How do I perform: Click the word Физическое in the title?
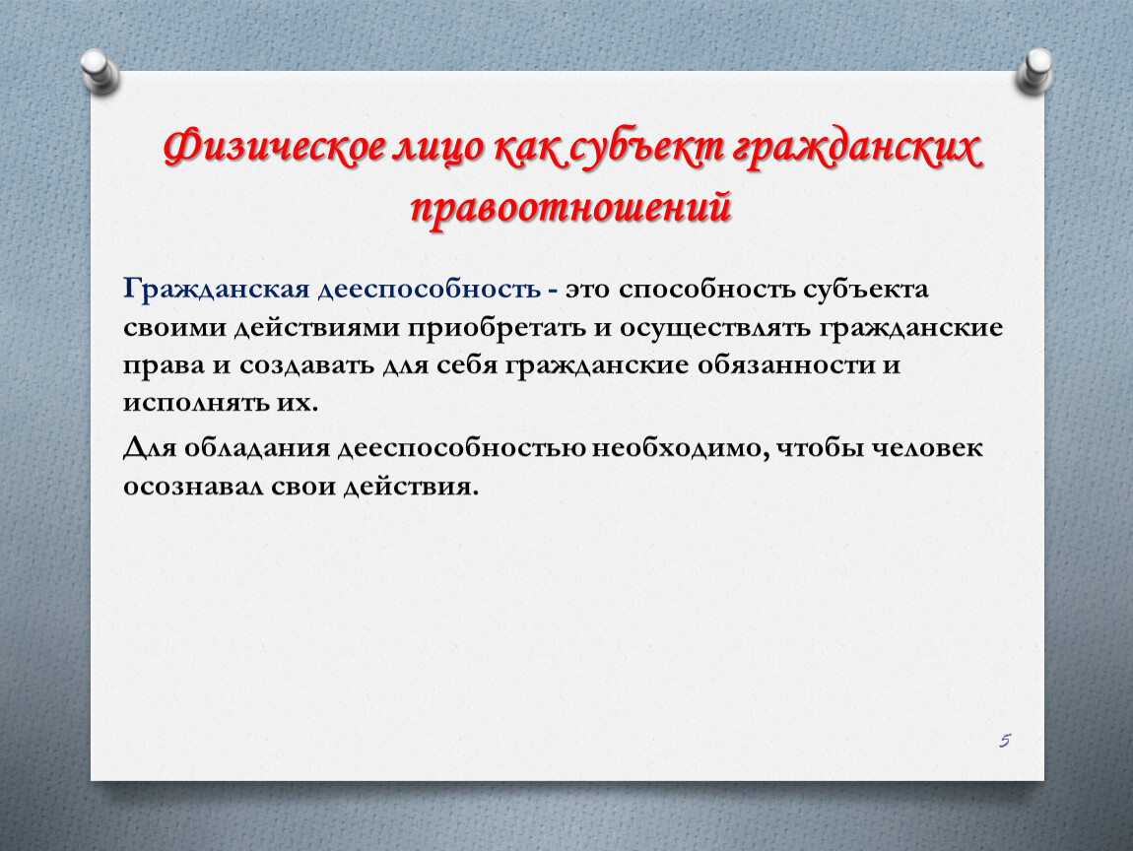coord(275,148)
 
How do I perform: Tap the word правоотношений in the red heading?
coord(570,208)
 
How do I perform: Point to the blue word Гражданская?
coord(216,289)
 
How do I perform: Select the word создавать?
coord(306,365)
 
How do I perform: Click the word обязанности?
coord(786,364)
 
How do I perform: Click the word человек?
coord(926,448)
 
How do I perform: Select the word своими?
coord(174,328)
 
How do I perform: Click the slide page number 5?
coord(1004,740)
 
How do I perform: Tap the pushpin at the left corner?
coord(99,71)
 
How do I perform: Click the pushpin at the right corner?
coord(1034,71)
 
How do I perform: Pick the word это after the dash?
coord(587,290)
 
